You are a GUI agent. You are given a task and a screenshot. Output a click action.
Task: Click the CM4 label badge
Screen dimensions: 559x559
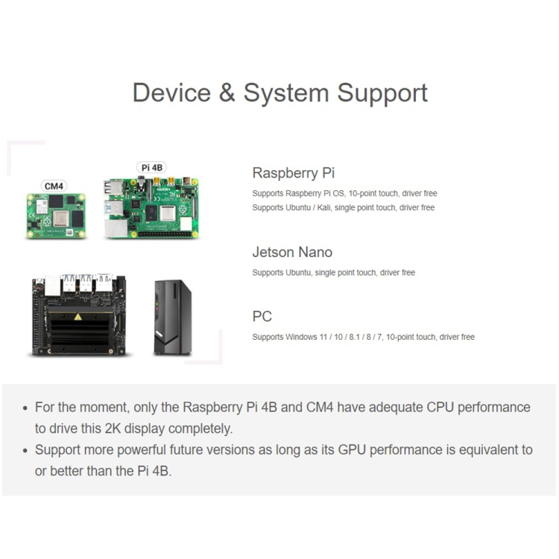[54, 186]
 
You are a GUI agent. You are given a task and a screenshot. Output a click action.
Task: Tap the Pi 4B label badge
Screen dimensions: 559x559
[151, 168]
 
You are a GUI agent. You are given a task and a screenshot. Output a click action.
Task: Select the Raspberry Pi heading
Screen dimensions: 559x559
[294, 173]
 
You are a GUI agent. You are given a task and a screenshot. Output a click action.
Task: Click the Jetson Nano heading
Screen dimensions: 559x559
[292, 252]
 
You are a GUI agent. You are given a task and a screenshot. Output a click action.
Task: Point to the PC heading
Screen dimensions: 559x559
[262, 317]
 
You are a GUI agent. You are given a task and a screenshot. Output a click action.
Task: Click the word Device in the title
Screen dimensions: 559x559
[171, 93]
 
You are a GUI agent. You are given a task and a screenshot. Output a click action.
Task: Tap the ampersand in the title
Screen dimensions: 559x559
[227, 93]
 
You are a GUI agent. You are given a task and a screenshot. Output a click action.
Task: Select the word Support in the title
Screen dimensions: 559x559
[382, 93]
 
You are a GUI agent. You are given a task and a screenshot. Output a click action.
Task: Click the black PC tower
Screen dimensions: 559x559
[172, 317]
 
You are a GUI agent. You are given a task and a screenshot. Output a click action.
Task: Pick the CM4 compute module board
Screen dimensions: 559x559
[57, 216]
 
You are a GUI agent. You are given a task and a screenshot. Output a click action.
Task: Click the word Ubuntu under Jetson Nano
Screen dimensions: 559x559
[299, 273]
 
